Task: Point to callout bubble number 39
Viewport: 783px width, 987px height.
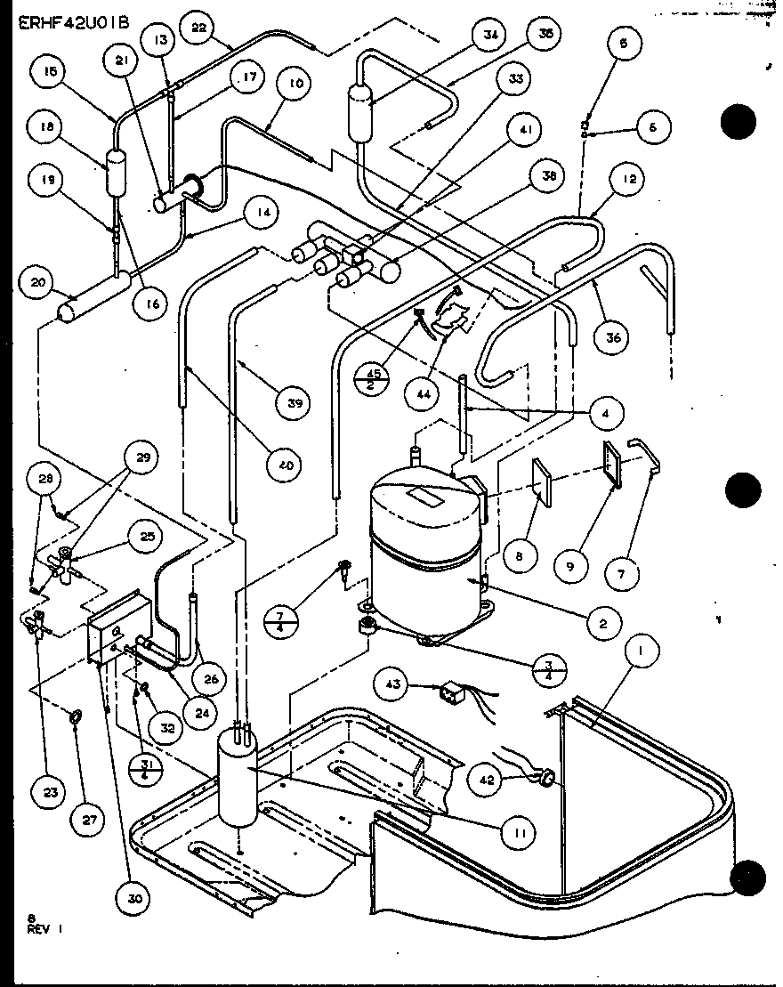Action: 294,403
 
